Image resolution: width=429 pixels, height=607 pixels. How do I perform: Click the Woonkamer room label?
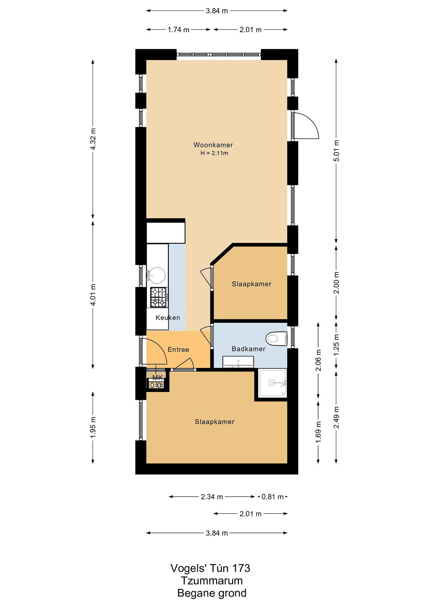[x=213, y=145]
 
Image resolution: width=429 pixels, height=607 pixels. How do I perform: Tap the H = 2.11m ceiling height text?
[x=214, y=153]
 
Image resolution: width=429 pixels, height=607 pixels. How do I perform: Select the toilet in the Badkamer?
[x=276, y=339]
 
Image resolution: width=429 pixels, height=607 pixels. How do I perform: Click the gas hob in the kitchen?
[x=159, y=297]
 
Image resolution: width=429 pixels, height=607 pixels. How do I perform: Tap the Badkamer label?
[x=248, y=349]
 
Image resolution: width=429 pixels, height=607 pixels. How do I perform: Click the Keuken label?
[x=167, y=317]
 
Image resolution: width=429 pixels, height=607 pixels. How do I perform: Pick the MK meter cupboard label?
[x=158, y=378]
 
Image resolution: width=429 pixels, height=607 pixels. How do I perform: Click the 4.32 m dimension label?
[x=93, y=139]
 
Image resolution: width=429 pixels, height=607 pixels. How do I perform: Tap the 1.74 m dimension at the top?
[x=179, y=30]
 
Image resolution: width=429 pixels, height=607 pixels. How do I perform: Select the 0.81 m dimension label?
[x=272, y=497]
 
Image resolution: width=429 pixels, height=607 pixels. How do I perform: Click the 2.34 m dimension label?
[x=212, y=497]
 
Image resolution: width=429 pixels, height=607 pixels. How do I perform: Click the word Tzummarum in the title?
[x=212, y=581]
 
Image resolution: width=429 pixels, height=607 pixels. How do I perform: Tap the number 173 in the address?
[x=241, y=568]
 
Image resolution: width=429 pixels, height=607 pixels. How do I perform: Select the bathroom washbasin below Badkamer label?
[x=238, y=362]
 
